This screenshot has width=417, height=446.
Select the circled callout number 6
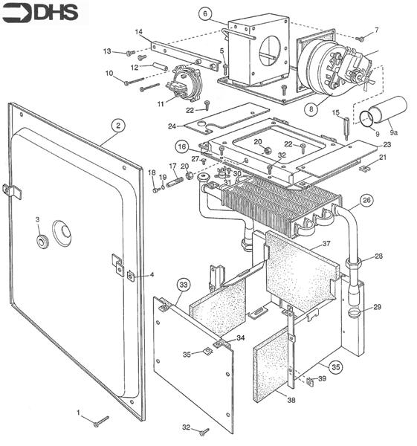point(207,13)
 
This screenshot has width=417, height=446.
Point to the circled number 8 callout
point(311,109)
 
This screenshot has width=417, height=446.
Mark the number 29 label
point(378,307)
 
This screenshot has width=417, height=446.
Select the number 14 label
point(138,32)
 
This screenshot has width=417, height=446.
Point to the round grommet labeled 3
point(40,242)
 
